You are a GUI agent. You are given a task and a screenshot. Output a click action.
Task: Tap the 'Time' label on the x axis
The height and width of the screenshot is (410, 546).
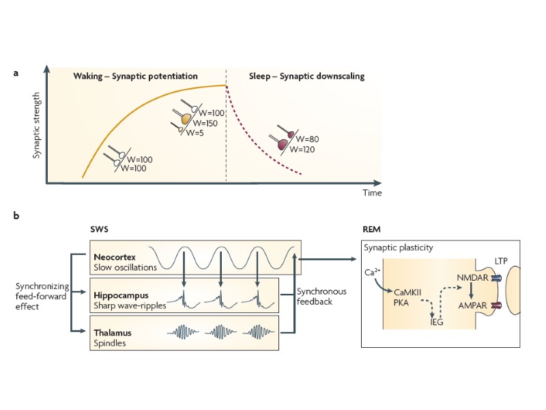pyautogui.click(x=372, y=193)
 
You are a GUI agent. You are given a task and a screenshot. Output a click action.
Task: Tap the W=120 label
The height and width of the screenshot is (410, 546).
pyautogui.click(x=304, y=148)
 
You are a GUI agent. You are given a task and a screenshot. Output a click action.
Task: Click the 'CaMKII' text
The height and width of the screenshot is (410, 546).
pyautogui.click(x=414, y=290)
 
